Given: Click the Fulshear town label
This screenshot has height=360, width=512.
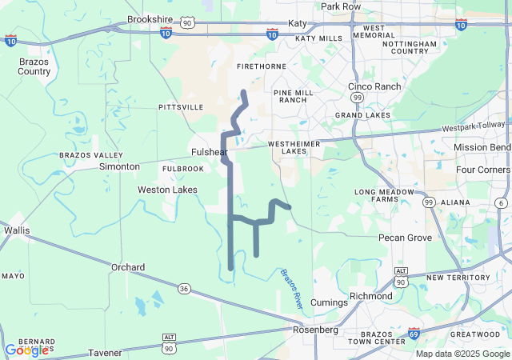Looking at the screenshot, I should pos(210,152).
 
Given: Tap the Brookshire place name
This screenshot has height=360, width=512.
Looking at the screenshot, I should pos(150,18).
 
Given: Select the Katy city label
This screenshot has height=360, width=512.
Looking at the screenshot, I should pos(298,24).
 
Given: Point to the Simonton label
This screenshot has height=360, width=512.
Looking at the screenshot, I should pos(119,166).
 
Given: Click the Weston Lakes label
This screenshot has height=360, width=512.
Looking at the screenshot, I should pos(167,190).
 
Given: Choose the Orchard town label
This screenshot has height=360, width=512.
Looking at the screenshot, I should pos(128,267).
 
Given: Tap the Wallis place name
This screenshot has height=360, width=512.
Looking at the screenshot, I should pos(16,230).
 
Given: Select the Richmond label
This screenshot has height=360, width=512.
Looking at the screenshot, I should pos(371,296).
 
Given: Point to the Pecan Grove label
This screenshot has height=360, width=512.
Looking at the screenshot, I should pos(405,238).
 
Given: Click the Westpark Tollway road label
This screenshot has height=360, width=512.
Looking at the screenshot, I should pos(474,126).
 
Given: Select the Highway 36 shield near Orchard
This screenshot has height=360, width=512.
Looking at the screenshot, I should pos(184,288).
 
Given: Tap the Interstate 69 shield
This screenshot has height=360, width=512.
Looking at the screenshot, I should pos(414,332).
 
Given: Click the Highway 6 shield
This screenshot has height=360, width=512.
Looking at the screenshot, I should pos(500,202).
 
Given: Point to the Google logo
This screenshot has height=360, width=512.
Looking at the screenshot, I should pos(26,350).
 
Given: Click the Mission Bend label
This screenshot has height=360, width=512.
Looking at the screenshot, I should pos(482,147).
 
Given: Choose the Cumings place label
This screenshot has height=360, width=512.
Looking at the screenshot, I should pos(329,302).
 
